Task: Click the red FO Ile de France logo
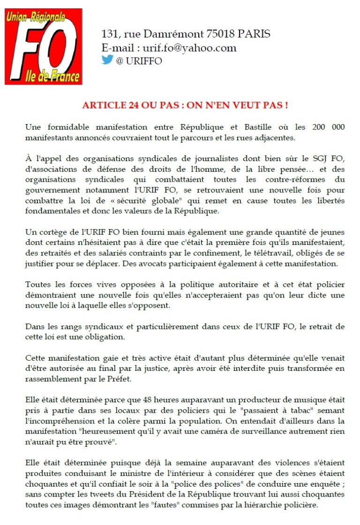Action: click(x=43, y=46)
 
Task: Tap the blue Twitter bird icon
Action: click(x=107, y=60)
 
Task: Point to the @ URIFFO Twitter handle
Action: click(x=139, y=61)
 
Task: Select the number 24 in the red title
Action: click(x=129, y=105)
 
